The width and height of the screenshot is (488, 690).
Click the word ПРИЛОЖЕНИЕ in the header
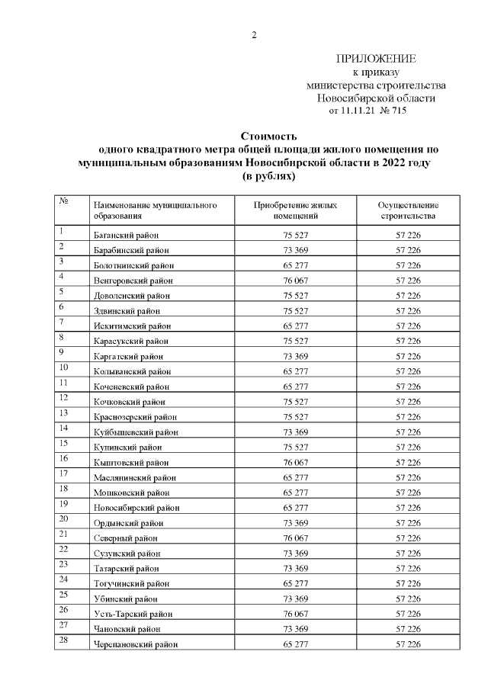pos(377,59)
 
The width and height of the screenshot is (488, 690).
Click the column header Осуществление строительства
pos(408,210)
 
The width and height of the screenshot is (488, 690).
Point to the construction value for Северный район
pos(408,538)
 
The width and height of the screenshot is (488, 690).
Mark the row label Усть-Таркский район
pos(132,614)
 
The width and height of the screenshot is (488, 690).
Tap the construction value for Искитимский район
pos(408,326)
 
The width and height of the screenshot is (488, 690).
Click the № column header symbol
pos(64,202)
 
